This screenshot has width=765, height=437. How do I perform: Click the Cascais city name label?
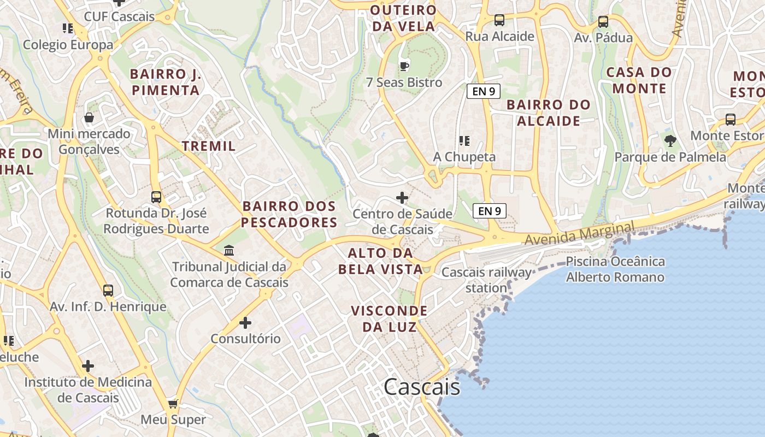[421, 387]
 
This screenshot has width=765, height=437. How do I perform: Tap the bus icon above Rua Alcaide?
[499, 20]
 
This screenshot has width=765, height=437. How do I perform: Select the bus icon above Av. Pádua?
[603, 22]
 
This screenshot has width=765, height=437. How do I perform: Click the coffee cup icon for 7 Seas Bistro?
[404, 66]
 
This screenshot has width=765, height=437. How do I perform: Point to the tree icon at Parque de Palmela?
[670, 141]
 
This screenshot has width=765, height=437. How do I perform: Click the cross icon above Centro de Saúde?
[402, 197]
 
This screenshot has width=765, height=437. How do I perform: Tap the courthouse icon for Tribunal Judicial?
[229, 251]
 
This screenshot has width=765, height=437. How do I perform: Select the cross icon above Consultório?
[245, 323]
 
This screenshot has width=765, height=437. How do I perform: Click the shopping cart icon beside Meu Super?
[173, 404]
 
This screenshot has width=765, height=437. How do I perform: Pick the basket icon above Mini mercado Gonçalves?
[89, 117]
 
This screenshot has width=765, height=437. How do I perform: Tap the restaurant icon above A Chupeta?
[464, 141]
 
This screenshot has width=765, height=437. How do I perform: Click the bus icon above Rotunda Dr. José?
[156, 197]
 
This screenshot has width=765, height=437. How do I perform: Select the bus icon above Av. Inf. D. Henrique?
[108, 291]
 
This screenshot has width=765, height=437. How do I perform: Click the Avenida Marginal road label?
[579, 233]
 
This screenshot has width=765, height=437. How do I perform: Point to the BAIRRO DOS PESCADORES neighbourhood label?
[289, 214]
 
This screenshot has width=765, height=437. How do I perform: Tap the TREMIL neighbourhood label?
[209, 146]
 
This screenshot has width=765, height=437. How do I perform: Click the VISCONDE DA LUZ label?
[389, 319]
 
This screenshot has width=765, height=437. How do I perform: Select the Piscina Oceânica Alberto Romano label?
[615, 269]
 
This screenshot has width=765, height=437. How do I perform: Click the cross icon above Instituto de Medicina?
[88, 366]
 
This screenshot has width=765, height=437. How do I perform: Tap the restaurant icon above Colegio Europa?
[68, 28]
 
